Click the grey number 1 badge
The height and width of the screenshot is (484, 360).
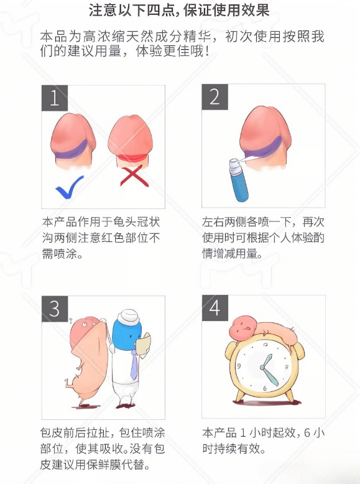[x=55, y=98]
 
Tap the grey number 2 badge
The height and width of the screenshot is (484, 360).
[x=215, y=97]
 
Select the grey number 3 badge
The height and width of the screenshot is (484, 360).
[x=55, y=309]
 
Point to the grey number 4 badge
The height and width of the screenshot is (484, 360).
[x=215, y=308]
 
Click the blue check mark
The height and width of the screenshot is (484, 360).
[x=69, y=187]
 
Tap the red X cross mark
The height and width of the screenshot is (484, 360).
[x=134, y=176]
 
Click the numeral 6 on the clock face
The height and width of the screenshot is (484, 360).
[x=265, y=389]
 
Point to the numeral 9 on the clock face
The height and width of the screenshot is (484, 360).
[x=239, y=366]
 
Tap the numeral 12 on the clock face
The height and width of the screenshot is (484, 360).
[x=266, y=345]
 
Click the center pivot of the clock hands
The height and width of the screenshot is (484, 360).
[x=263, y=367]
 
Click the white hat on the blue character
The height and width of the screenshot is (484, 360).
[x=129, y=317]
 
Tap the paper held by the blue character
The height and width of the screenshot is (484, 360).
[x=143, y=343]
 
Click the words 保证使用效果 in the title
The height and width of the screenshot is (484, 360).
[x=226, y=10]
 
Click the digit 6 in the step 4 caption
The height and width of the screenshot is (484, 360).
[x=307, y=433]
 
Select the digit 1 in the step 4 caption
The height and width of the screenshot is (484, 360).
[x=243, y=433]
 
